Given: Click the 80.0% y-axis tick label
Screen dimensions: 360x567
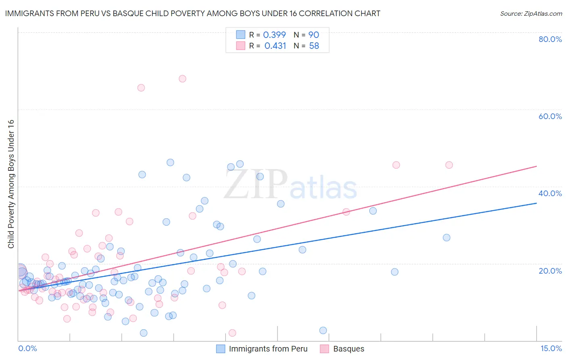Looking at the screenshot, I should [x=550, y=39].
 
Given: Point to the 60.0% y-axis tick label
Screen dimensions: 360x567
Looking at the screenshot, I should [x=550, y=116].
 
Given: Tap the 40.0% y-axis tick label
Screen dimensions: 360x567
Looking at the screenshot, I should [x=550, y=193].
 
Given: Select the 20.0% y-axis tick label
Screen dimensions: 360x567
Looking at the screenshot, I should [x=550, y=271].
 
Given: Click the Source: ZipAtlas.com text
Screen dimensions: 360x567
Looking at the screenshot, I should [x=531, y=14].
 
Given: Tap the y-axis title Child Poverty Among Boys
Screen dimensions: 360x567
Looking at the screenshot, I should [x=11, y=184].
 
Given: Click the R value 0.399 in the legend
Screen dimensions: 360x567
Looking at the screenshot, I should [x=274, y=35].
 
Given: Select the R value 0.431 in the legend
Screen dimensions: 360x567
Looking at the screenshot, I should [x=275, y=46].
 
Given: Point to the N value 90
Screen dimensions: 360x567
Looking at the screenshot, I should [x=314, y=35].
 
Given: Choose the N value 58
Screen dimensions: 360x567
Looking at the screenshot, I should [x=314, y=46].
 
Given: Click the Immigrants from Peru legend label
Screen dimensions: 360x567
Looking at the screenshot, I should [x=268, y=349].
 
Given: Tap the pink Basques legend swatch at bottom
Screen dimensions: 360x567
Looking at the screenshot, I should [x=324, y=349].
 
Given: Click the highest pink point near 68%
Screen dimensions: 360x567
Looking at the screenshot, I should [x=182, y=79].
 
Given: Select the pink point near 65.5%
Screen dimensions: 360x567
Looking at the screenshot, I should [x=141, y=88].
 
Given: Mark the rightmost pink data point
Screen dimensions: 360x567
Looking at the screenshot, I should [x=449, y=165].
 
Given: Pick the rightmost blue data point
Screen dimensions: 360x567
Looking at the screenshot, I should [x=446, y=238].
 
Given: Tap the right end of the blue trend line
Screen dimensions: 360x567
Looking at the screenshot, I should [x=536, y=203].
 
